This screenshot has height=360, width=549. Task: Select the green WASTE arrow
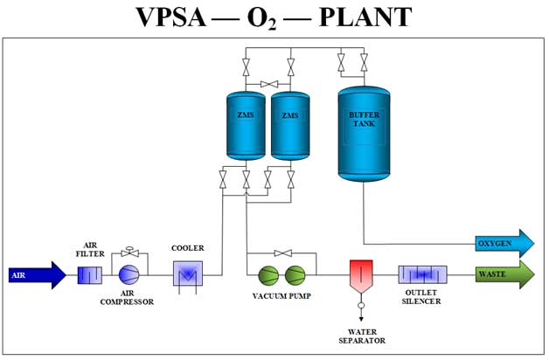pyautogui.click(x=504, y=274)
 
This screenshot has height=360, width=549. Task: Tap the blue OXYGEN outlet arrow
pyautogui.click(x=504, y=242)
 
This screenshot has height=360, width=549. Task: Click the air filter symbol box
pyautogui.click(x=91, y=275)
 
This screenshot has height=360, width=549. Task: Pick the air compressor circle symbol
pyautogui.click(x=129, y=274)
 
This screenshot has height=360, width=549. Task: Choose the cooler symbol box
pyautogui.click(x=187, y=275)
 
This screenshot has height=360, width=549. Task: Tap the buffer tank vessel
pyautogui.click(x=363, y=131)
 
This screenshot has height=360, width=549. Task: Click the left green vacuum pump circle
pyautogui.click(x=268, y=275)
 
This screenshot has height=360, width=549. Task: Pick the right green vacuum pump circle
pyautogui.click(x=295, y=275)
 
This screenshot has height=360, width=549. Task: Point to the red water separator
pyautogui.click(x=360, y=274)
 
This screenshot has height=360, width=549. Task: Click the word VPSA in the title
pyautogui.click(x=175, y=19)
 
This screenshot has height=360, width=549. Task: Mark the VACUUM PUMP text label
pyautogui.click(x=281, y=296)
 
